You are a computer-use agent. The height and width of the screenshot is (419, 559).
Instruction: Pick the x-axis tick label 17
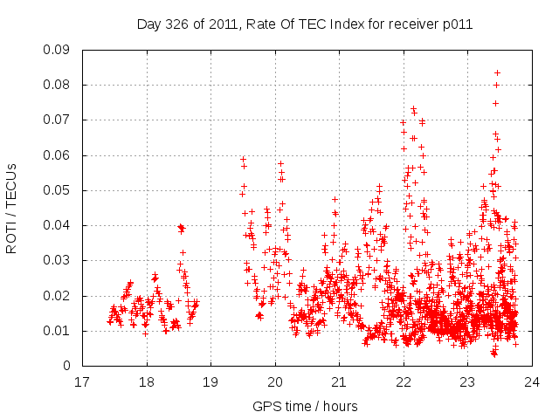tap(82, 382)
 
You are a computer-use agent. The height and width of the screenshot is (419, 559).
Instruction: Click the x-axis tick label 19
tap(210, 382)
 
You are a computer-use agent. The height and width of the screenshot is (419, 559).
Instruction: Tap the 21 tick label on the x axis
tap(339, 382)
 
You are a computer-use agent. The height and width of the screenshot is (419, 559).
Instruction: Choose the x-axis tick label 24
tap(531, 382)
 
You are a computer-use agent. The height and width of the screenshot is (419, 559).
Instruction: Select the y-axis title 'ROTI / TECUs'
tap(12, 208)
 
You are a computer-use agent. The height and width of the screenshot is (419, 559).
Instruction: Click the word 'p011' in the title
tap(457, 24)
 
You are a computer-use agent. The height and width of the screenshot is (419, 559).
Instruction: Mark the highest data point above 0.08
tap(497, 72)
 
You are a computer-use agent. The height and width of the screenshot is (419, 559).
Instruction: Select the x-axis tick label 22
tap(403, 382)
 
